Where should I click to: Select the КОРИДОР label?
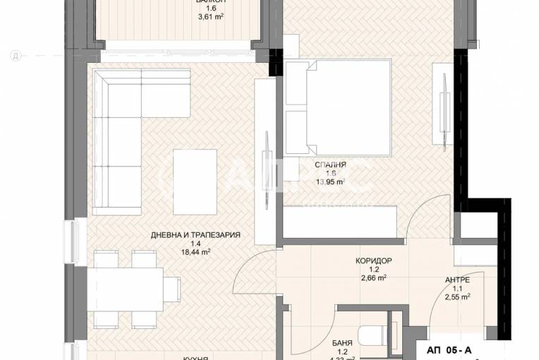coord(373,260)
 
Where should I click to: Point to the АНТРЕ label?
coord(456,280)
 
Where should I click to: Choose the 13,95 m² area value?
coord(330,181)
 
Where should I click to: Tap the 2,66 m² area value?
coord(373,277)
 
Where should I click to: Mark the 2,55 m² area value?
coord(456,297)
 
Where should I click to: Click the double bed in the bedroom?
coord(338,106)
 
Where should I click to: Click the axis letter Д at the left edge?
coord(13,54)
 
